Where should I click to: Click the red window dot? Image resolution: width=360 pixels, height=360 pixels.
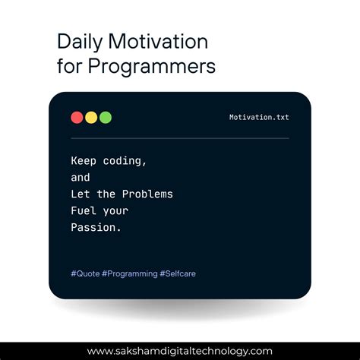(x=77, y=118)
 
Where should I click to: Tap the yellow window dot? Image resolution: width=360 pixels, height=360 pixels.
(x=91, y=118)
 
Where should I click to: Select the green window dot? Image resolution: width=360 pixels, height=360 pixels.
(x=106, y=118)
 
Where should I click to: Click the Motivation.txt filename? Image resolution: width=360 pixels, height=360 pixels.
(x=259, y=118)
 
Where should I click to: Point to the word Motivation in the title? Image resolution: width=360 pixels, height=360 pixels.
(x=156, y=42)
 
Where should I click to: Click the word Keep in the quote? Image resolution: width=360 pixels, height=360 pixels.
(x=84, y=161)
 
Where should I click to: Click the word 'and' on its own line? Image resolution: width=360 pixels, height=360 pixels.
(x=81, y=178)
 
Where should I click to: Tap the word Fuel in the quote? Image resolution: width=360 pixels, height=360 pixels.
(x=84, y=211)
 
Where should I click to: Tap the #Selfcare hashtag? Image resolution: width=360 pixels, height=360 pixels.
(x=178, y=273)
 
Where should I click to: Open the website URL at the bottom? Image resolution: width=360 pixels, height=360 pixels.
(x=180, y=351)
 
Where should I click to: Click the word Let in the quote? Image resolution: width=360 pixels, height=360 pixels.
(x=81, y=194)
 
